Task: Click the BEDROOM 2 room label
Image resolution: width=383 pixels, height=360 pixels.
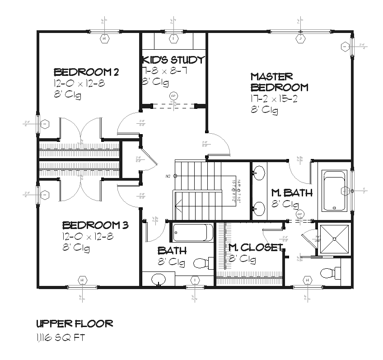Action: tap(86, 72)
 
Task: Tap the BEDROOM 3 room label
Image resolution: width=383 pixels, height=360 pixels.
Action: tap(95, 225)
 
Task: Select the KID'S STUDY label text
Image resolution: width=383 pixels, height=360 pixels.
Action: tap(173, 60)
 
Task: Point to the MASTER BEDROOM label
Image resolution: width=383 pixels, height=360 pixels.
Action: tap(279, 82)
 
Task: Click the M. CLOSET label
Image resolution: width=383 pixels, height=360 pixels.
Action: tap(255, 247)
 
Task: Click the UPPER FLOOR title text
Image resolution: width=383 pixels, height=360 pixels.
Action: tap(74, 323)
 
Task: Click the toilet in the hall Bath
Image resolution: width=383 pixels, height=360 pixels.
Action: tap(203, 263)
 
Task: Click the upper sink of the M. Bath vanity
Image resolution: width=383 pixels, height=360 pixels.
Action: tap(259, 172)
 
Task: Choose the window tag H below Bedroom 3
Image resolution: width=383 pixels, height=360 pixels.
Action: tap(82, 281)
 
